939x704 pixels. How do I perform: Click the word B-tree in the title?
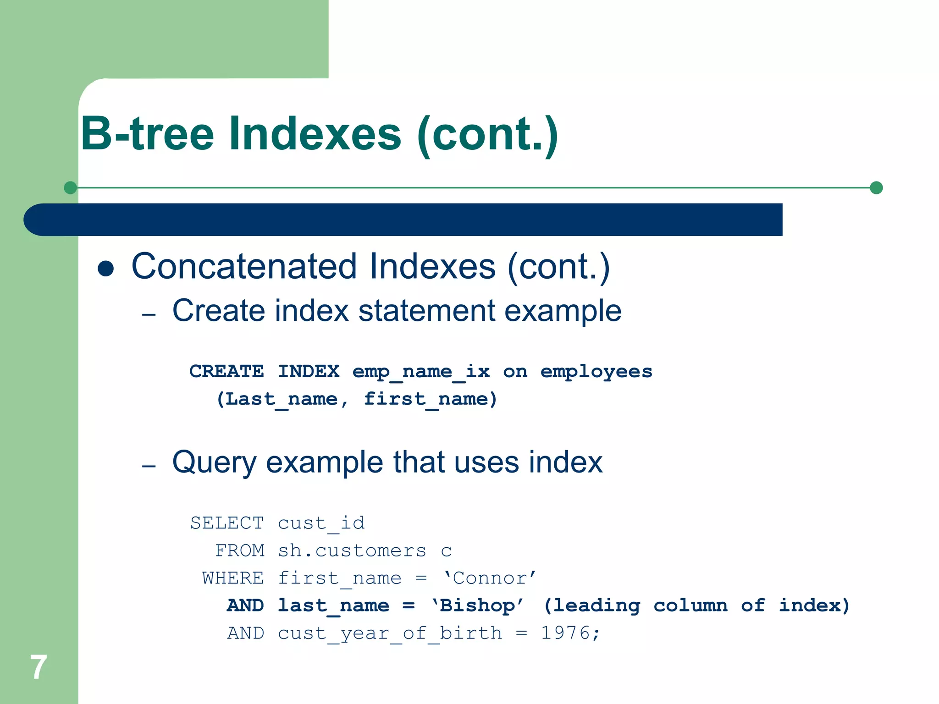(x=147, y=134)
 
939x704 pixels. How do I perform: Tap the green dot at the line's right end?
(x=876, y=188)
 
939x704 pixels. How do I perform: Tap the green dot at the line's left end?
(x=70, y=188)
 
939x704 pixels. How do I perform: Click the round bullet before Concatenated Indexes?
(x=106, y=269)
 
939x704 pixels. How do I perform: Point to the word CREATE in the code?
(x=226, y=371)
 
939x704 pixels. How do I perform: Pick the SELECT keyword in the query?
(x=227, y=523)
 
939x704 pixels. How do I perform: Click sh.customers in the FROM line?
(x=352, y=550)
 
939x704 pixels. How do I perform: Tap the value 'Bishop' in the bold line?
(x=477, y=606)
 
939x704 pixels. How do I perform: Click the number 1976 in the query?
(x=565, y=633)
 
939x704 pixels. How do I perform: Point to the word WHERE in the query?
(x=233, y=578)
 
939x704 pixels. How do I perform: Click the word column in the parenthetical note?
(x=690, y=605)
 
